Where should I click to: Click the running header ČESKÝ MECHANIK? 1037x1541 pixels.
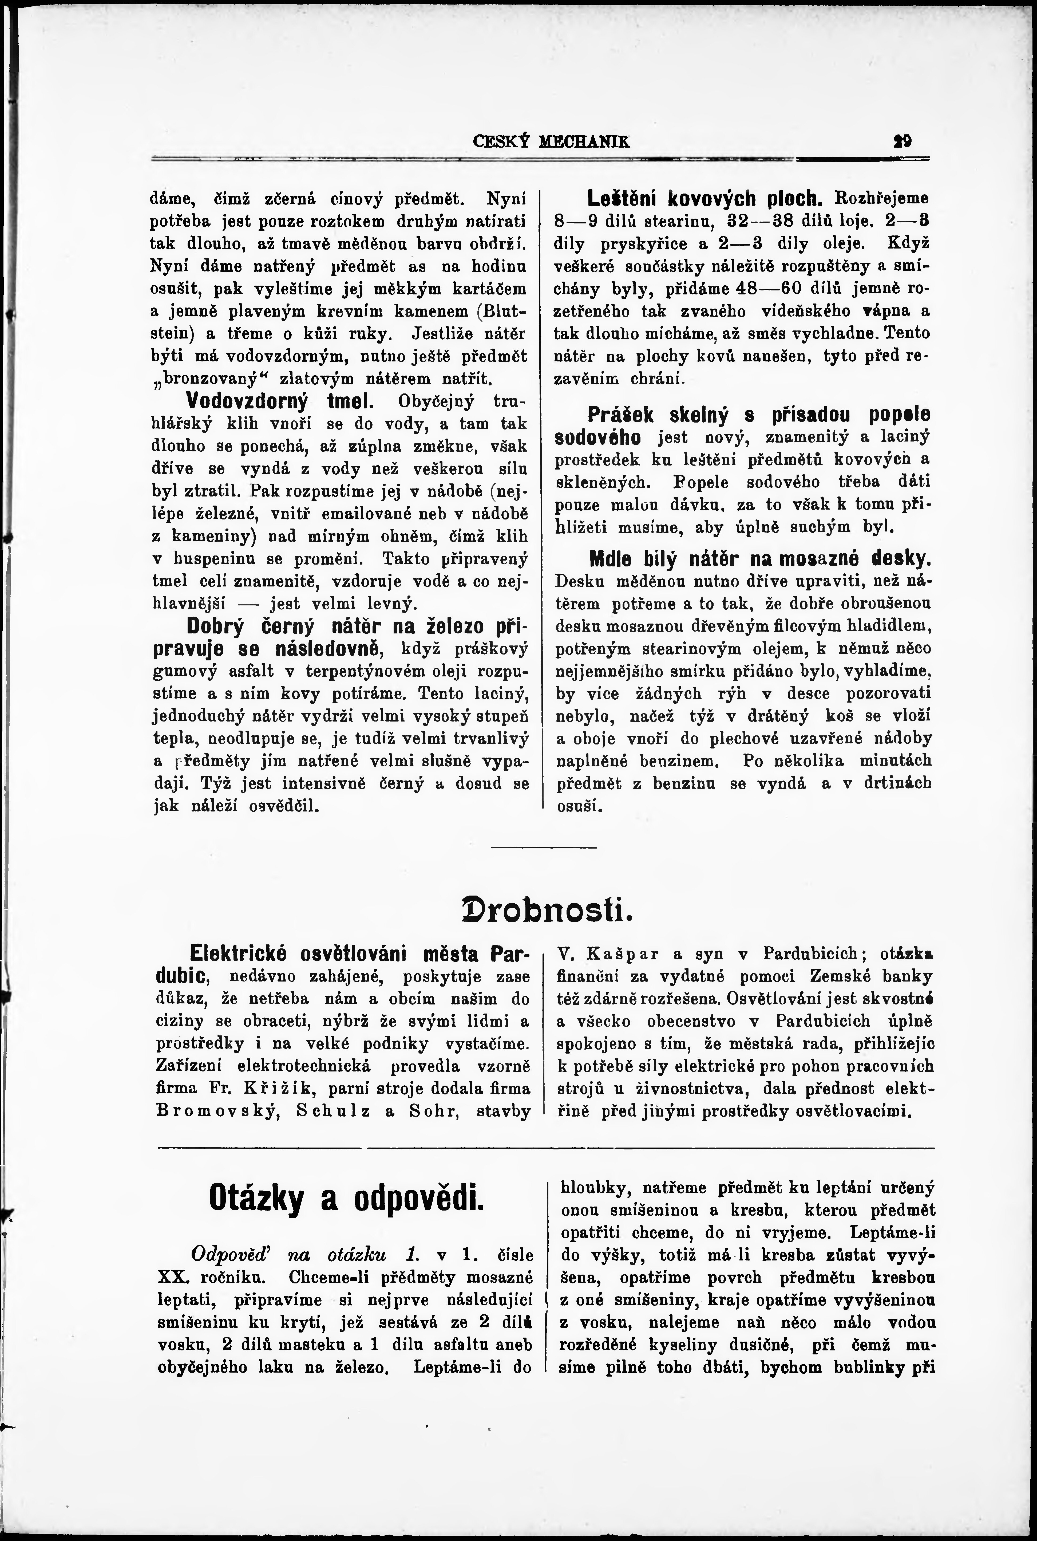pyautogui.click(x=552, y=141)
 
